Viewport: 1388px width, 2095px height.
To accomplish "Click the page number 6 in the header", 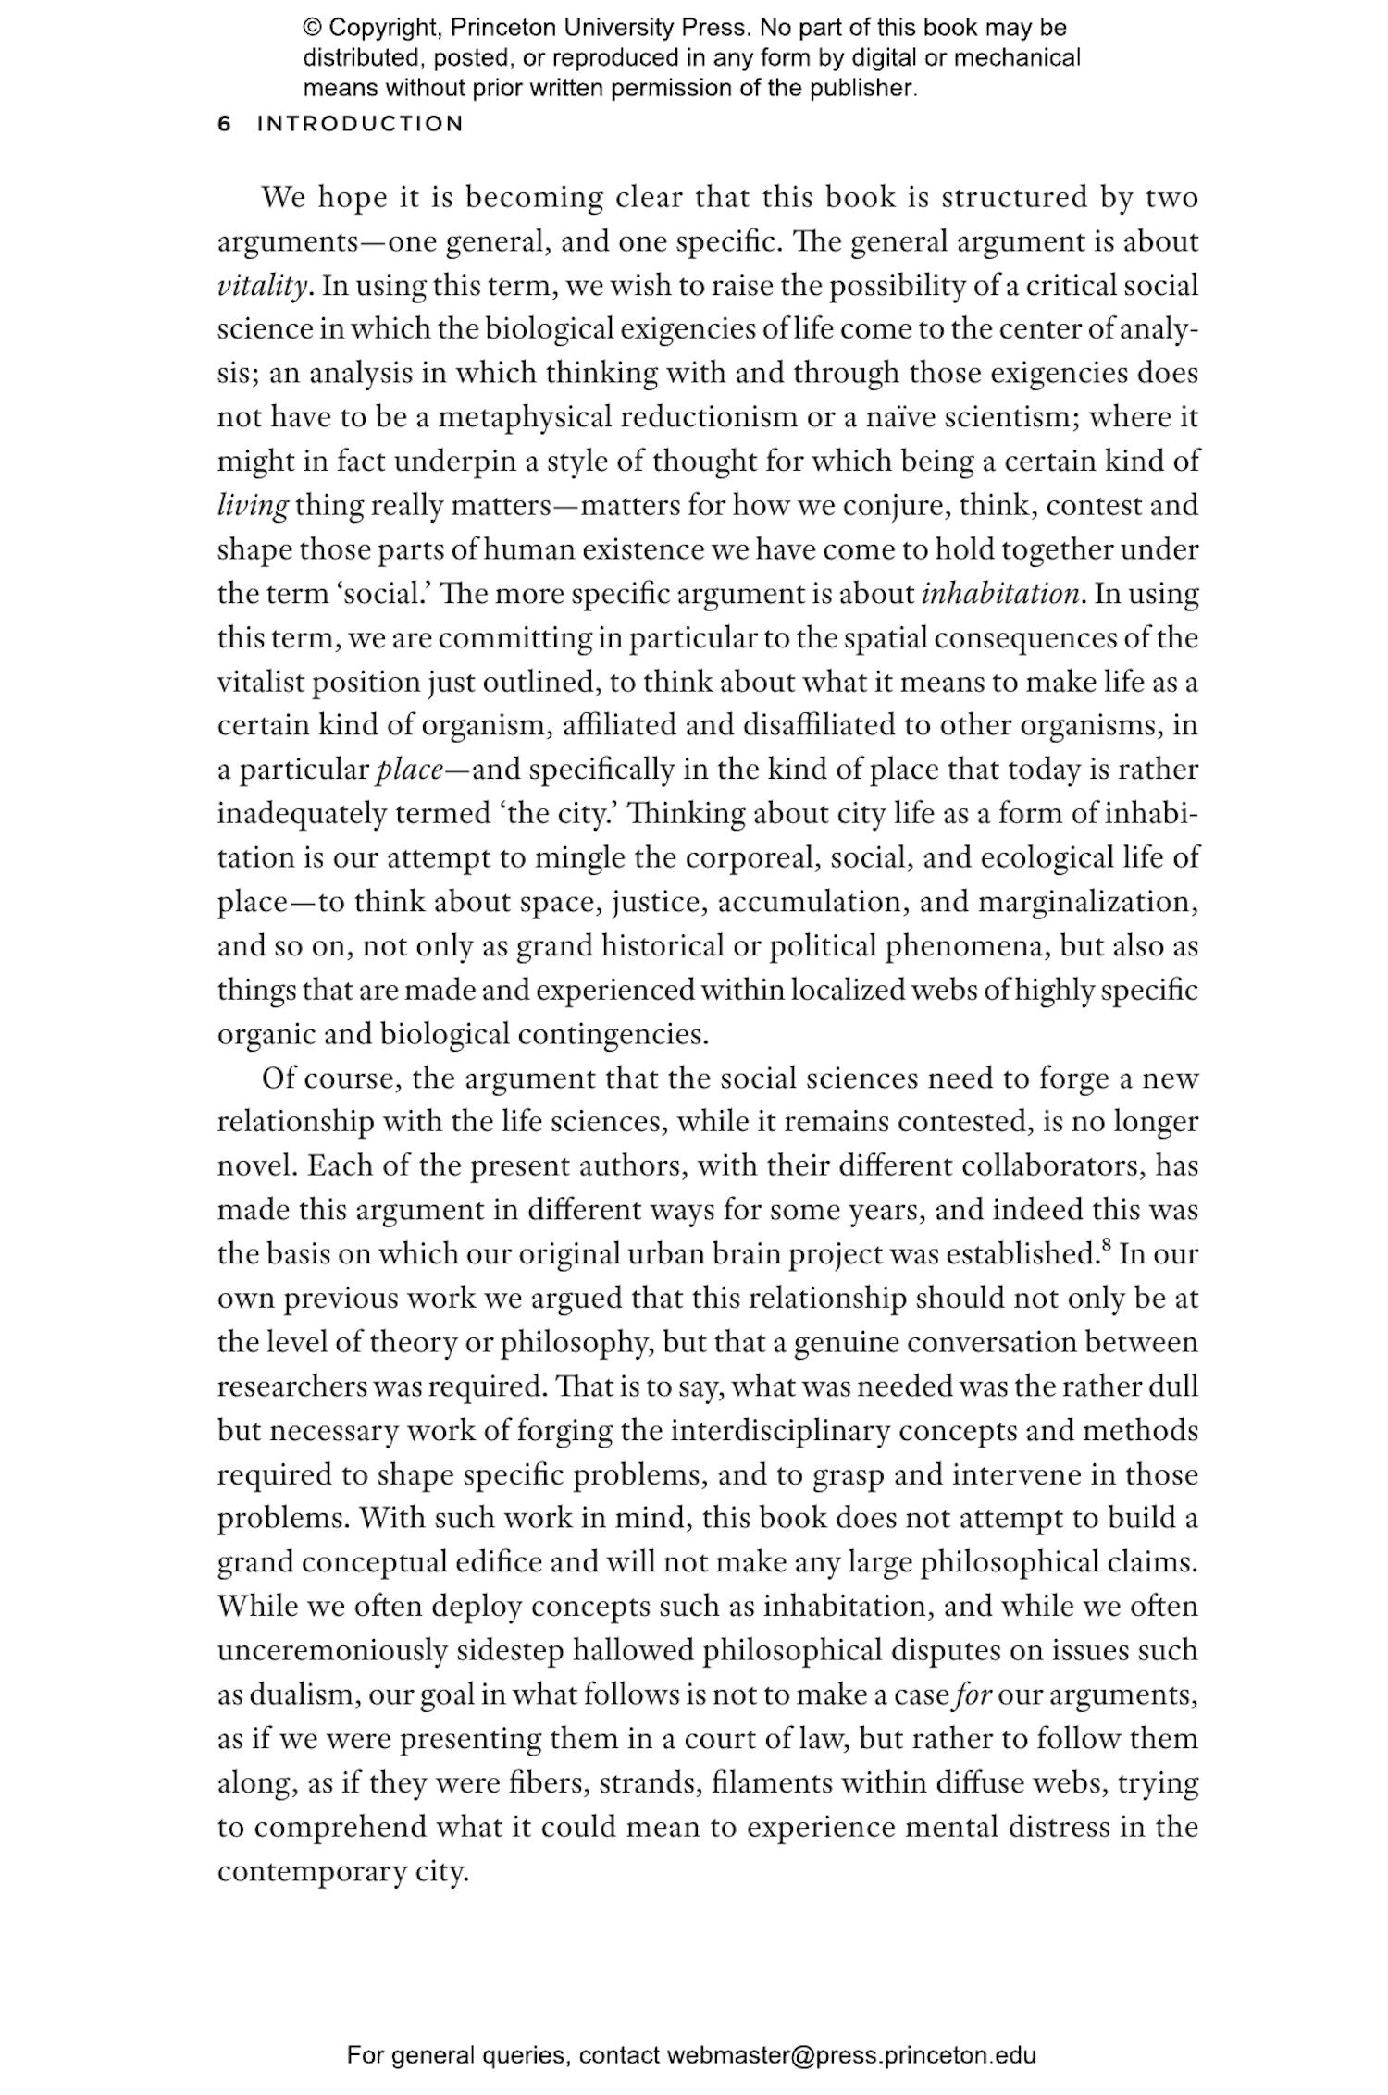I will (224, 124).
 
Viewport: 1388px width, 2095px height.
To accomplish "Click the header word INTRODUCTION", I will (360, 124).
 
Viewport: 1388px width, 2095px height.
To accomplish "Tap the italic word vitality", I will (262, 286).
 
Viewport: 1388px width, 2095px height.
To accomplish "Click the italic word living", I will (253, 506).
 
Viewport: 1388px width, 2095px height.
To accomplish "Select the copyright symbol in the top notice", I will (311, 29).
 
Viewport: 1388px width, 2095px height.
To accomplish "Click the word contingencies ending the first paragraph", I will (613, 1035).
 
